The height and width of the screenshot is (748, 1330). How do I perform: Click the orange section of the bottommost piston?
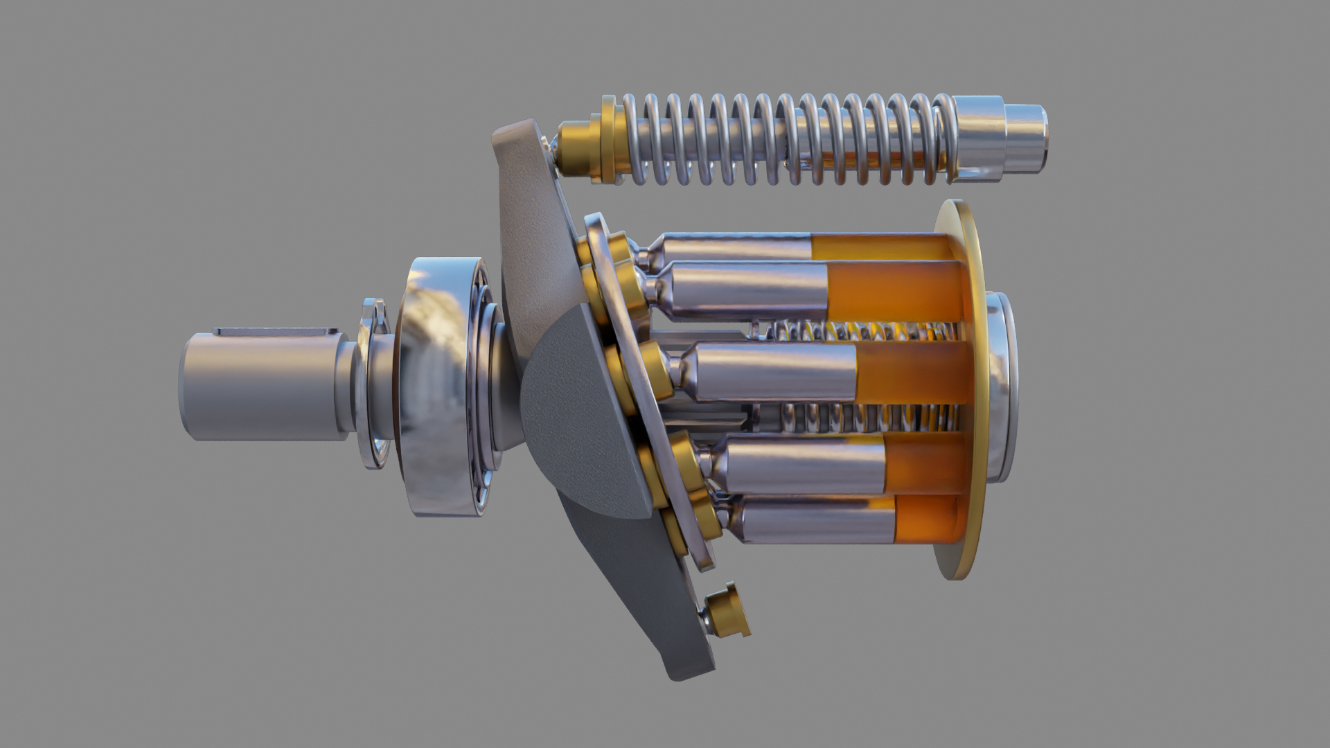coord(928,518)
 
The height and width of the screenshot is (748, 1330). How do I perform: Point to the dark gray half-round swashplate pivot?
coord(568,416)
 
